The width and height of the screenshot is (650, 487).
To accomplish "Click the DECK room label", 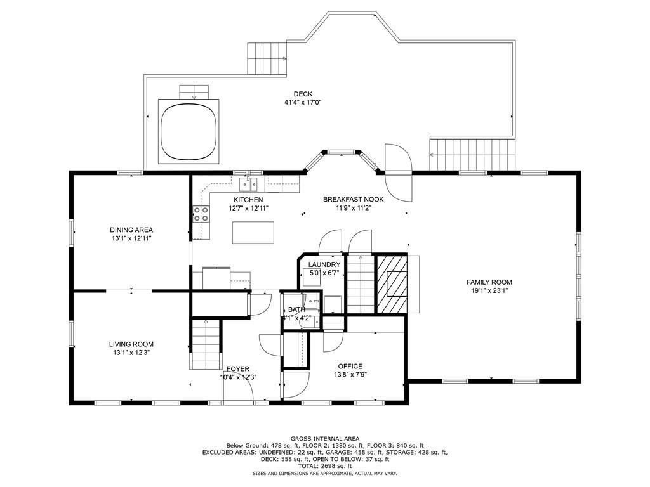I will coord(302,94).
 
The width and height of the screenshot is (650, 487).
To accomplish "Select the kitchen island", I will coord(253,232).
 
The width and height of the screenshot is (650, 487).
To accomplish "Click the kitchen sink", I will coord(248,185).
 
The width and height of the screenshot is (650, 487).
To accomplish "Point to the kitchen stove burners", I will coord(201,214).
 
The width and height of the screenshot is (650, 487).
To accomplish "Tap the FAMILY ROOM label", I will coord(489,282).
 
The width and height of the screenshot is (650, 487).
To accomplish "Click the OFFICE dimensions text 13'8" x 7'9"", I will coord(350,375).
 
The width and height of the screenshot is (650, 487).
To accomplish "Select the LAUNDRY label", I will coord(324,264).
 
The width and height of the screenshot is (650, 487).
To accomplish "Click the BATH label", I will coord(296,309).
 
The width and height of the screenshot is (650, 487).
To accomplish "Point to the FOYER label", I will coord(238,368).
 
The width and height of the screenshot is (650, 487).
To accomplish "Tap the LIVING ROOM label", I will coord(131,344).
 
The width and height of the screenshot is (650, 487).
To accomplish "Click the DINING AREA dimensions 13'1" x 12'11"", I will coord(131,238).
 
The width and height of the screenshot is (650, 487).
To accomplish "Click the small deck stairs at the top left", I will coord(265,58).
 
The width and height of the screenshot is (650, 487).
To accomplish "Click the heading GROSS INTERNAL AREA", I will coord(325,438).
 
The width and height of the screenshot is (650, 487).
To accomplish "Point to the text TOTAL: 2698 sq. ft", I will coord(325,465).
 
